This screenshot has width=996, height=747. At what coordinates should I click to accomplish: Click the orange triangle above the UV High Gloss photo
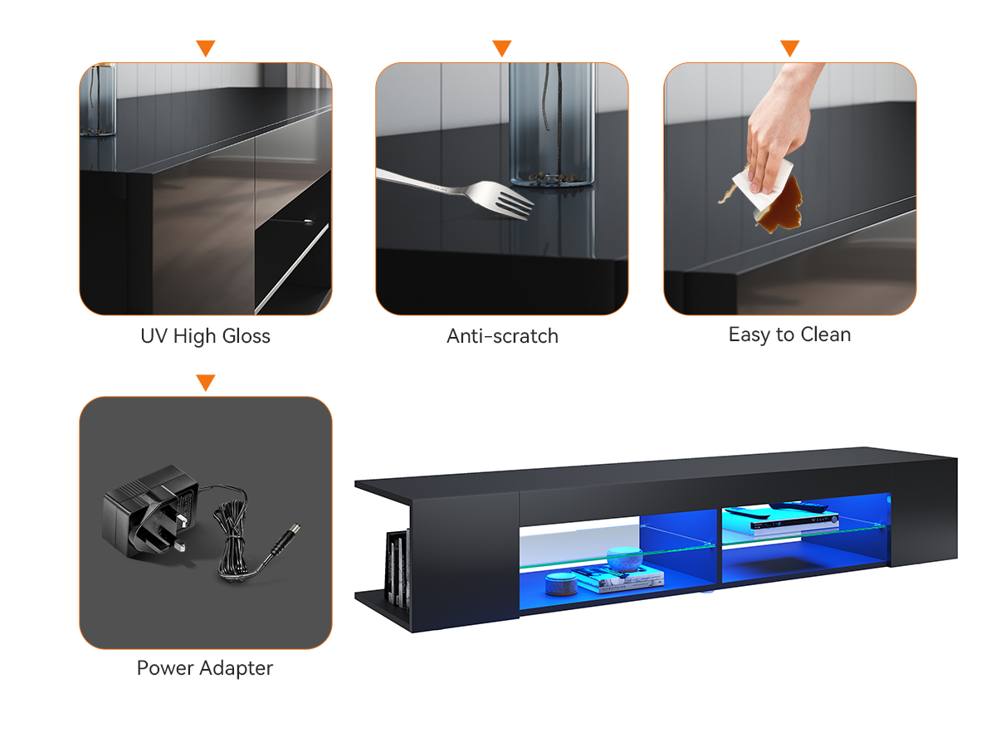click(x=206, y=47)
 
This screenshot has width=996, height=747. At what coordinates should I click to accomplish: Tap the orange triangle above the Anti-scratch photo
click(x=502, y=47)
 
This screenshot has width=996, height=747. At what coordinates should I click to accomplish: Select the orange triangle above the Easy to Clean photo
click(x=789, y=47)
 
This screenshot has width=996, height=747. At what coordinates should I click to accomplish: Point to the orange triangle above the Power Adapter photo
click(x=206, y=382)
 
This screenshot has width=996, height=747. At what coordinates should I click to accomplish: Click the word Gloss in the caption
click(x=247, y=336)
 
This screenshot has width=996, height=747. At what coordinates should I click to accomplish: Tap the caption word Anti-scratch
click(x=502, y=336)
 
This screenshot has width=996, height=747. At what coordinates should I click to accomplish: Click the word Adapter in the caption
click(x=236, y=668)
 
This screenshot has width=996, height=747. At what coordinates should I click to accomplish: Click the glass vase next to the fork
click(x=552, y=124)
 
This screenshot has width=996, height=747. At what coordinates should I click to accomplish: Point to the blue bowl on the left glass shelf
click(x=624, y=559)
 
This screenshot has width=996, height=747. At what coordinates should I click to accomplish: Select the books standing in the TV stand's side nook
click(x=398, y=569)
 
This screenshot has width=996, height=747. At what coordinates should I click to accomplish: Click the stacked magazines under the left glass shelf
click(x=618, y=580)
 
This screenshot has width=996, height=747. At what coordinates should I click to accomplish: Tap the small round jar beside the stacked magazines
click(x=561, y=583)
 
